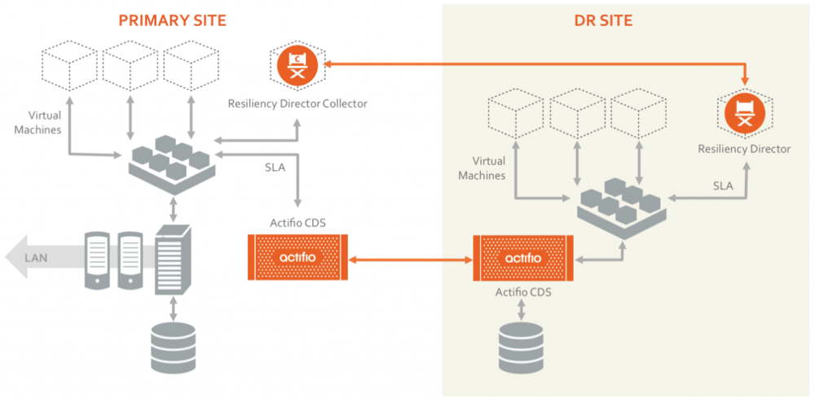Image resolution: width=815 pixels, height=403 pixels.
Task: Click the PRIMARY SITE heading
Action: (172, 20)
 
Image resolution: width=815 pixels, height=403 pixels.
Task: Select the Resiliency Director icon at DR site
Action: (744, 113)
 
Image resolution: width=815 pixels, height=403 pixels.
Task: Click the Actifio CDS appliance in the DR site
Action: (523, 259)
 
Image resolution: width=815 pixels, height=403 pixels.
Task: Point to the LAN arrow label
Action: (37, 258)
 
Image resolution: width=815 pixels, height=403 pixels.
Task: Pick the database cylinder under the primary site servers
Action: (174, 347)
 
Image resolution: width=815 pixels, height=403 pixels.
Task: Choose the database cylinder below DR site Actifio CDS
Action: (522, 346)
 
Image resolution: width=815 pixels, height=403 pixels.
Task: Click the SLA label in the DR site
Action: (723, 186)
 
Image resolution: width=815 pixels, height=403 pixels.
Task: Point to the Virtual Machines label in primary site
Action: (45, 122)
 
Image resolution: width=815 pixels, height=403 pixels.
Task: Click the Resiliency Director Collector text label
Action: (297, 104)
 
